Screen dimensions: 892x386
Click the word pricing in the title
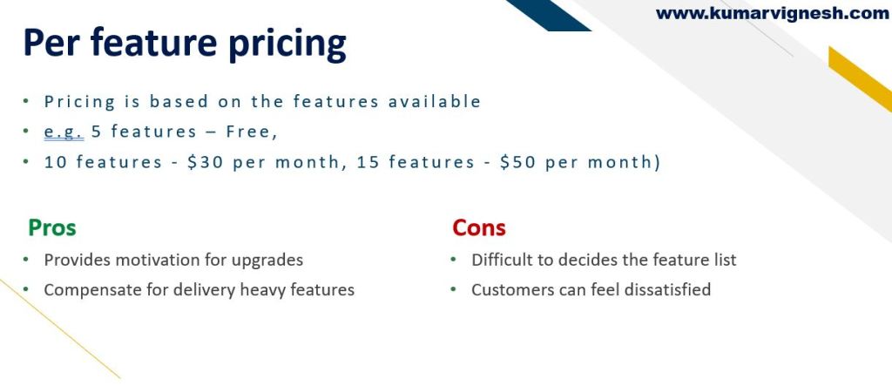[287, 44]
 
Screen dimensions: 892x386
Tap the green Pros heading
[51, 227]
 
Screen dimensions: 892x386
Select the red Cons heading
[479, 227]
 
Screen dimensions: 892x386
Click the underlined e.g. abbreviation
[64, 132]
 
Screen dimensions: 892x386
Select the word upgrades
[267, 261]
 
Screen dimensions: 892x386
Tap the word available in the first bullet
[435, 102]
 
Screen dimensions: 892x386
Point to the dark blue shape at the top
[548, 15]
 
